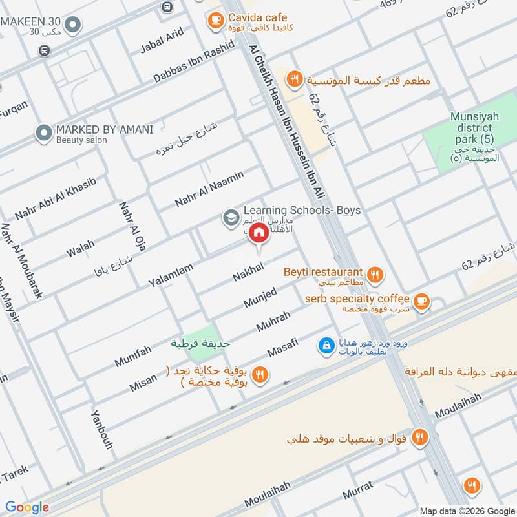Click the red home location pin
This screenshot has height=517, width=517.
[x=258, y=233]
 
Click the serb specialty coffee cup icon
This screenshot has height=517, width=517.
[x=421, y=301]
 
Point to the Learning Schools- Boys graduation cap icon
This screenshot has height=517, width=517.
[x=229, y=217]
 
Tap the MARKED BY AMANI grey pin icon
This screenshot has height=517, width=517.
[x=44, y=133]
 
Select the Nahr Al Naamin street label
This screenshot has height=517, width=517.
[x=209, y=189]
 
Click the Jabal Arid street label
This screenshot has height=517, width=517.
[x=162, y=41]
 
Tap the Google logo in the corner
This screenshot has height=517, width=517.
[x=27, y=507]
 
